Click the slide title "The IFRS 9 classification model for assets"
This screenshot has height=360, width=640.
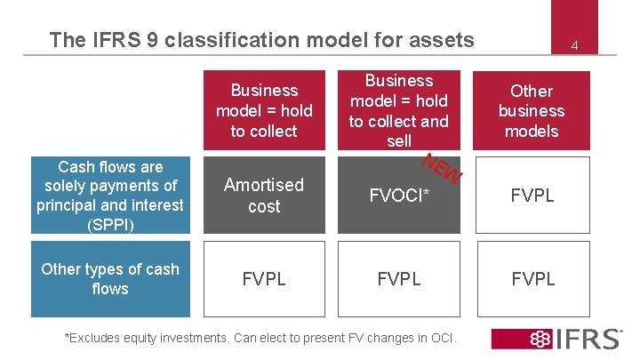[x=262, y=39]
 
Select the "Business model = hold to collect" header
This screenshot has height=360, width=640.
[x=264, y=110]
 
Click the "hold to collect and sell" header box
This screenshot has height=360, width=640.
[x=399, y=110]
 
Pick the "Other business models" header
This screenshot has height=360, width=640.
[x=532, y=110]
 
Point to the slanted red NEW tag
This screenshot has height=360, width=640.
[x=442, y=169]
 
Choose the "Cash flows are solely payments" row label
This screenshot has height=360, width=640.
[x=110, y=196]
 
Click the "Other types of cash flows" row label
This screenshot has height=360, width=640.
[x=110, y=279]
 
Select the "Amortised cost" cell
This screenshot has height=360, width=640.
[x=264, y=196]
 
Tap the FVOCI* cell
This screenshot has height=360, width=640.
[x=399, y=196]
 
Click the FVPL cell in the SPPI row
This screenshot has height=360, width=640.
[x=532, y=196]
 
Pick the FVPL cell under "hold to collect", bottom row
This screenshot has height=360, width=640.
[x=264, y=279]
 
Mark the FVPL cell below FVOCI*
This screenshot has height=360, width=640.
[x=399, y=279]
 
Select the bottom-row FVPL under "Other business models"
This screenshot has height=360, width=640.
[x=532, y=279]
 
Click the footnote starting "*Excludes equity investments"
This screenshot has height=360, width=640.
[x=261, y=338]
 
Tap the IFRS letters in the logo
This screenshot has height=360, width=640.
[x=587, y=339]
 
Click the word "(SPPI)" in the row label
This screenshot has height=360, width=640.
[x=110, y=224]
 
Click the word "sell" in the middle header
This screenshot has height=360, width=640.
[x=399, y=140]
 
